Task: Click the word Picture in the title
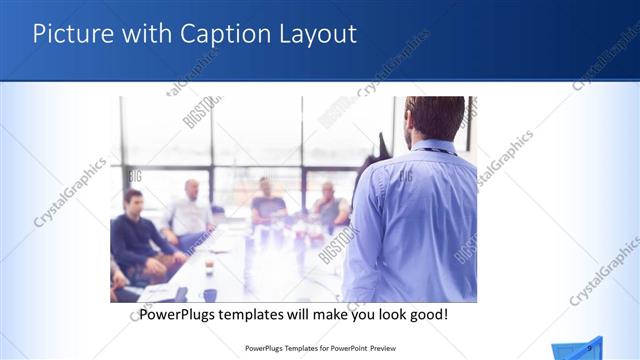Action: (69, 34)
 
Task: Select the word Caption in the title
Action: (220, 34)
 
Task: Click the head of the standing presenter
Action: (435, 118)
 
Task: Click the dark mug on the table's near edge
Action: (209, 295)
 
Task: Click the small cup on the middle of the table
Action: (208, 268)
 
